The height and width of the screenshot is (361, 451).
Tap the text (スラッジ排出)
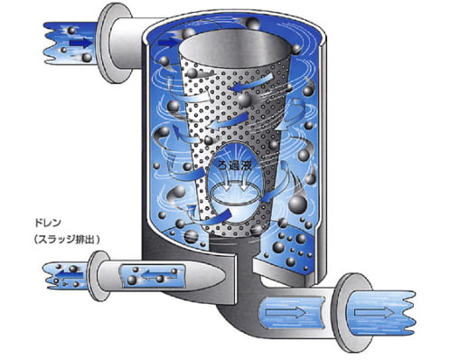pyautogui.click(x=67, y=240)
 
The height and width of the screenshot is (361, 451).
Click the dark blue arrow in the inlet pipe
pyautogui.click(x=80, y=43)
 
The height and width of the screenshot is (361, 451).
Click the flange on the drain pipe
pyautogui.click(x=99, y=276)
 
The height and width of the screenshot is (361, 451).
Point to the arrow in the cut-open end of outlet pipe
pyautogui.click(x=374, y=312)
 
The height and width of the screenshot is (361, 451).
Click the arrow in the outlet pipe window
pyautogui.click(x=286, y=312)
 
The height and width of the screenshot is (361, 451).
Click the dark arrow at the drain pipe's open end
pyautogui.click(x=70, y=275)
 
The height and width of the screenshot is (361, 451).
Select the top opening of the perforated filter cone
pyautogui.click(x=236, y=48)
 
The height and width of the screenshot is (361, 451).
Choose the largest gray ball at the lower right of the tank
pyautogui.click(x=297, y=204)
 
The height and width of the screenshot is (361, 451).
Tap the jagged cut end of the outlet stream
pyautogui.click(x=409, y=313)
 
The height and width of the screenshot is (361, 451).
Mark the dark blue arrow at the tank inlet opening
pyautogui.click(x=168, y=43)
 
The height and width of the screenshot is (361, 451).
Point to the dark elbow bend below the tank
pyautogui.click(x=238, y=319)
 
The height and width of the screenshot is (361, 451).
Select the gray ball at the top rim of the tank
pyautogui.click(x=252, y=24)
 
